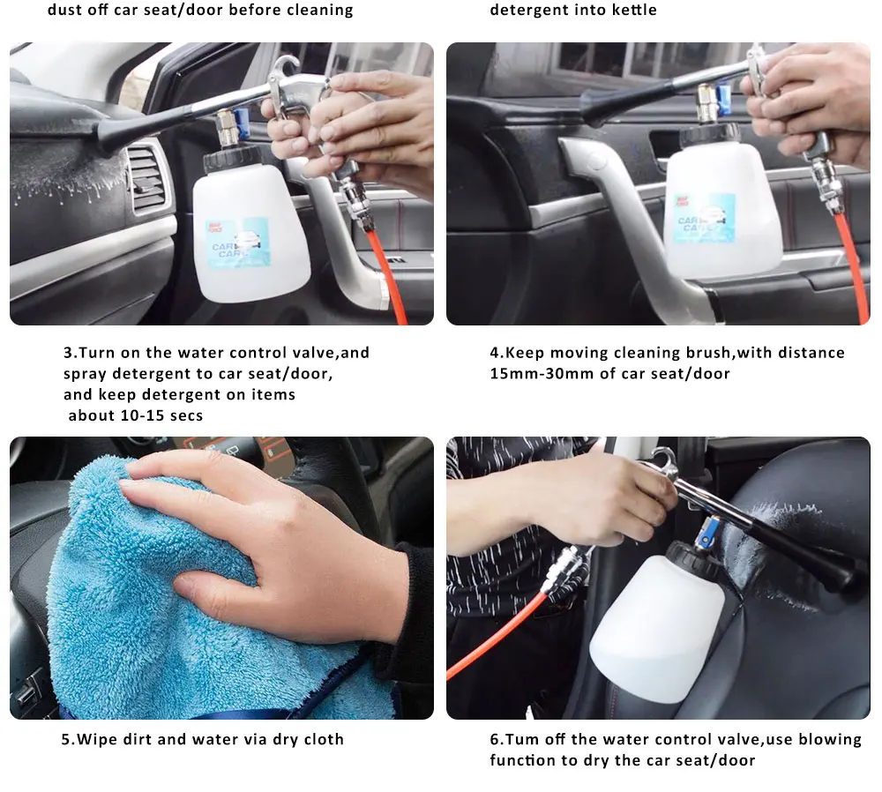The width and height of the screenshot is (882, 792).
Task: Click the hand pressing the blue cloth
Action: [x=265, y=547]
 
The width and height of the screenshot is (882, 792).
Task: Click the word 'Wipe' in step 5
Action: [x=97, y=739]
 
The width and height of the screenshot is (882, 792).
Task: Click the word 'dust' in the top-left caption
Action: [x=65, y=11]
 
